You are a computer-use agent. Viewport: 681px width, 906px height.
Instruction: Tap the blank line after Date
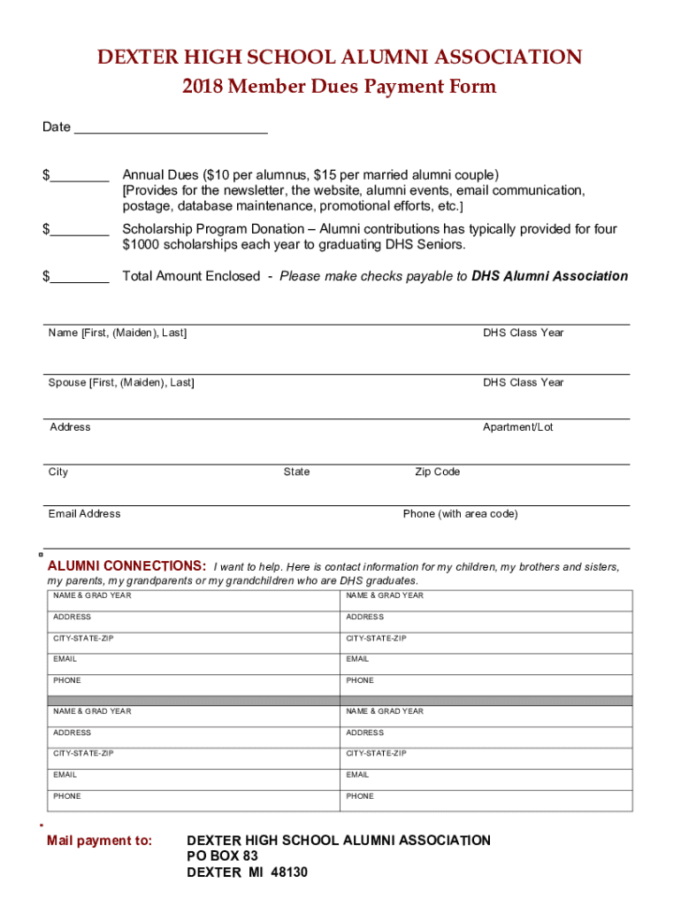[171, 129]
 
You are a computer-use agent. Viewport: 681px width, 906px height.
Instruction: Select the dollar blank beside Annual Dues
[80, 177]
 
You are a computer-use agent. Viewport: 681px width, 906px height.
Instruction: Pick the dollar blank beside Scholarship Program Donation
[80, 232]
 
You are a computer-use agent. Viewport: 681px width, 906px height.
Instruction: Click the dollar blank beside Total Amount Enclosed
[80, 279]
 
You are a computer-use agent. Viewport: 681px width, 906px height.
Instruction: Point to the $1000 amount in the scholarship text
[142, 244]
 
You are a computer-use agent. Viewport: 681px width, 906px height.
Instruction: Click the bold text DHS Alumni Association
[549, 276]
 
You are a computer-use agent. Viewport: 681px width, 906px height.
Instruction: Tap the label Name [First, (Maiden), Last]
[118, 333]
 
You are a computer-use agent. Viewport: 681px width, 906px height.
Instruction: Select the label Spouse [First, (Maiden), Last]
[121, 382]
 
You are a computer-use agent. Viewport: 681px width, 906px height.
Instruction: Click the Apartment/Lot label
[517, 427]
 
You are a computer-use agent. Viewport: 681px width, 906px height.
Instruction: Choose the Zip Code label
[437, 472]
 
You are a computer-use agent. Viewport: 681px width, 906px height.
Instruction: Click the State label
[296, 472]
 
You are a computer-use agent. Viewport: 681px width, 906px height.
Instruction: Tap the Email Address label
[84, 514]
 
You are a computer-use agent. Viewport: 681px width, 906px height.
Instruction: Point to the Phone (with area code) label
[460, 514]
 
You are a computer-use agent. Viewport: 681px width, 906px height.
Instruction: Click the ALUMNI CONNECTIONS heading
[126, 566]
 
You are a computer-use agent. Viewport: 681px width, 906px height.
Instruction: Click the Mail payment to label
[99, 841]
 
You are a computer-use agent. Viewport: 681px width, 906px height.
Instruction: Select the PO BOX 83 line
[222, 856]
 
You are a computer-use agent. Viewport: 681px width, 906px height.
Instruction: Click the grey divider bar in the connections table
[340, 700]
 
